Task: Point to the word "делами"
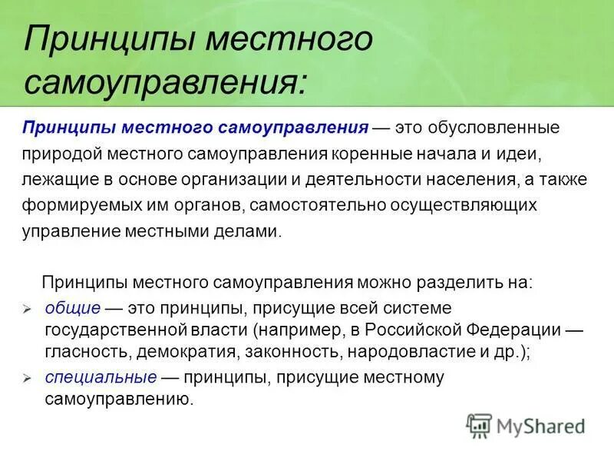tap(253, 232)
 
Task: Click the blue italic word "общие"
tap(73, 308)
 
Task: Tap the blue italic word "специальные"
tap(101, 377)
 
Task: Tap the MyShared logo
tap(525, 425)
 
